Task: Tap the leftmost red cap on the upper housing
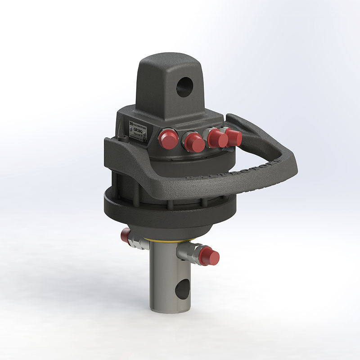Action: click(169, 139)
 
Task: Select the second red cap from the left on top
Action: click(195, 143)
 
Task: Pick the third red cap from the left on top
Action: click(218, 139)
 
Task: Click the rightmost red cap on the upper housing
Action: click(234, 137)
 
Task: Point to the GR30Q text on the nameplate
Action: click(138, 129)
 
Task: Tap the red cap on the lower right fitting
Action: click(209, 256)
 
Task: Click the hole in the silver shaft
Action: click(182, 289)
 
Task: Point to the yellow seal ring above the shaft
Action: click(171, 240)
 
